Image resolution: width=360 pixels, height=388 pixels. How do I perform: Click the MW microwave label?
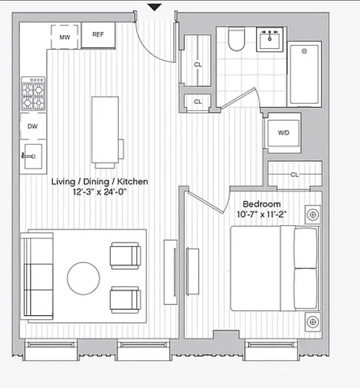click(64, 37)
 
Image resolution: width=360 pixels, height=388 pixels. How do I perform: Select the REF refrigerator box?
click(98, 35)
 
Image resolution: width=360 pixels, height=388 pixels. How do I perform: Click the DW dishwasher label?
click(32, 127)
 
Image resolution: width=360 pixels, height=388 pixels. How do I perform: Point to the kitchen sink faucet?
click(29, 156)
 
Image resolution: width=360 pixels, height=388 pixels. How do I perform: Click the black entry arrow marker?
click(155, 7)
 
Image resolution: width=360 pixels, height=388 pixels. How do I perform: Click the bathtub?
click(304, 74)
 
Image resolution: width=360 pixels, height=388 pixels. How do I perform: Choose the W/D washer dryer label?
click(283, 133)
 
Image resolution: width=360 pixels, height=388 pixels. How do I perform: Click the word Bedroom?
click(262, 204)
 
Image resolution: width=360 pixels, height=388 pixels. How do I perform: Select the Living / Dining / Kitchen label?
click(100, 181)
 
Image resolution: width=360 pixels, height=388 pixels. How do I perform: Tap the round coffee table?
click(83, 278)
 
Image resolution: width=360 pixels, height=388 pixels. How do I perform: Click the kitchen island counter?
click(105, 129)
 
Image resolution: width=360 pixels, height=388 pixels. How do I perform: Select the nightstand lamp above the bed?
click(313, 214)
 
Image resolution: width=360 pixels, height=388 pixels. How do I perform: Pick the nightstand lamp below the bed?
click(313, 322)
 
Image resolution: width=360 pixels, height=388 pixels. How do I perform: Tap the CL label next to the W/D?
click(295, 174)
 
